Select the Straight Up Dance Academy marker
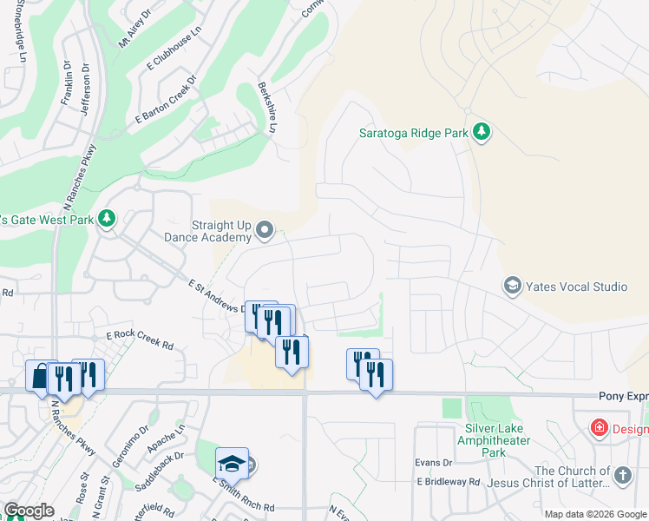click(x=265, y=230)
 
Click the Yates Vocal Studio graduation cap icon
click(x=513, y=285)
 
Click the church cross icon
click(x=622, y=475)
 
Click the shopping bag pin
click(x=40, y=376)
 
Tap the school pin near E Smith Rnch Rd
click(x=232, y=465)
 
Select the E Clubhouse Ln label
click(x=174, y=53)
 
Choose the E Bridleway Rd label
click(x=448, y=481)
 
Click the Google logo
click(x=29, y=511)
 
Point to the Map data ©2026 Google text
click(x=594, y=514)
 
